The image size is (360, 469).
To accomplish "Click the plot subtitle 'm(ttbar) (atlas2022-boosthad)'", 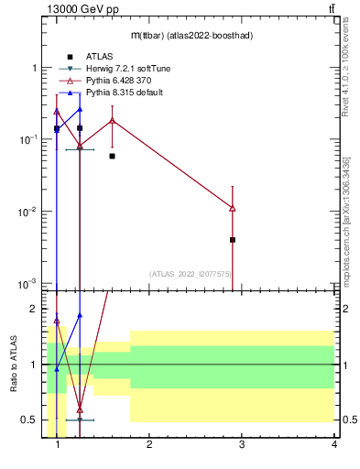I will (x=191, y=35).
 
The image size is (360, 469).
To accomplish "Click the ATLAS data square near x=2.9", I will (x=233, y=240).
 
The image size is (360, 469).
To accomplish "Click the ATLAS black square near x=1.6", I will (x=112, y=157).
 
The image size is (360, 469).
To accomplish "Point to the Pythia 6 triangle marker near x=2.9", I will (x=233, y=208).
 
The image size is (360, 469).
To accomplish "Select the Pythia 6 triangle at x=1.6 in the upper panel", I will (x=112, y=120).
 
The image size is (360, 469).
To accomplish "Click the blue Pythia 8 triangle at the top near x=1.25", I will (x=80, y=109).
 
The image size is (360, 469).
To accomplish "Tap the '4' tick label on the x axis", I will (x=333, y=446).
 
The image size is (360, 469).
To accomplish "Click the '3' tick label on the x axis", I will (x=241, y=446).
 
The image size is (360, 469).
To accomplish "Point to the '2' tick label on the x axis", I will (x=149, y=446).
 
